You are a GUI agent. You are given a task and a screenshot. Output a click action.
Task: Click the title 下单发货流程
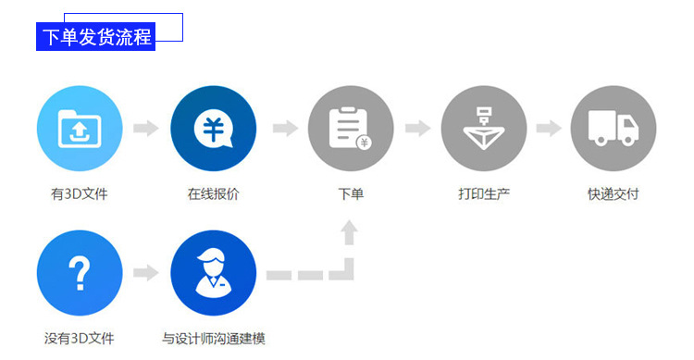coord(97,37)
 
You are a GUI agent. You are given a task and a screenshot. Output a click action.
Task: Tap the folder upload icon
coord(80,129)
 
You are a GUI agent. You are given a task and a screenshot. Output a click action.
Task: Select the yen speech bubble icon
coord(214,129)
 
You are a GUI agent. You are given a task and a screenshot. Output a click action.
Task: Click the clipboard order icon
coord(350,129)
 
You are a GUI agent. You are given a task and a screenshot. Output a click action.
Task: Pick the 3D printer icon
coord(484,129)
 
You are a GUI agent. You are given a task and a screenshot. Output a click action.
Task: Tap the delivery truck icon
coord(613,128)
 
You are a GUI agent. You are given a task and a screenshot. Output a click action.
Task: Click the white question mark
coord(80,274)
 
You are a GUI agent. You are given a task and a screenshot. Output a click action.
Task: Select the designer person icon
coord(214,272)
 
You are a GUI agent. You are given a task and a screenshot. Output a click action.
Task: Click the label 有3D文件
coord(80,194)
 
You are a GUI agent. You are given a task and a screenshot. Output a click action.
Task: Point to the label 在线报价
coord(213,194)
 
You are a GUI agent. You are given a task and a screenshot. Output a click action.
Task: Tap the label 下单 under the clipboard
coord(351,194)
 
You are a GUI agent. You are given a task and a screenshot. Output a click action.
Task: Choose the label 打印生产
coord(484,194)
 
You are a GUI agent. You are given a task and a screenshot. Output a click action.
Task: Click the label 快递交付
coord(613,194)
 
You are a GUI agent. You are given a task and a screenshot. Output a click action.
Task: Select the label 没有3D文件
coord(80,339)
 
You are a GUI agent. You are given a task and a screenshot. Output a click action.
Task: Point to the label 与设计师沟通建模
coord(214,339)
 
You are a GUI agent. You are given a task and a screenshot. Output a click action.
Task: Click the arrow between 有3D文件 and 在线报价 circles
coord(146,128)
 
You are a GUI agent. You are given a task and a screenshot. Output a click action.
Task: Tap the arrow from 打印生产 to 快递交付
coord(549,128)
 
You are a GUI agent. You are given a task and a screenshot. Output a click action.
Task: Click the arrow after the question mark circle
coord(146,273)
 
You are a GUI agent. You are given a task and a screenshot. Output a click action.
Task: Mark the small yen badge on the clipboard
coord(365,143)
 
